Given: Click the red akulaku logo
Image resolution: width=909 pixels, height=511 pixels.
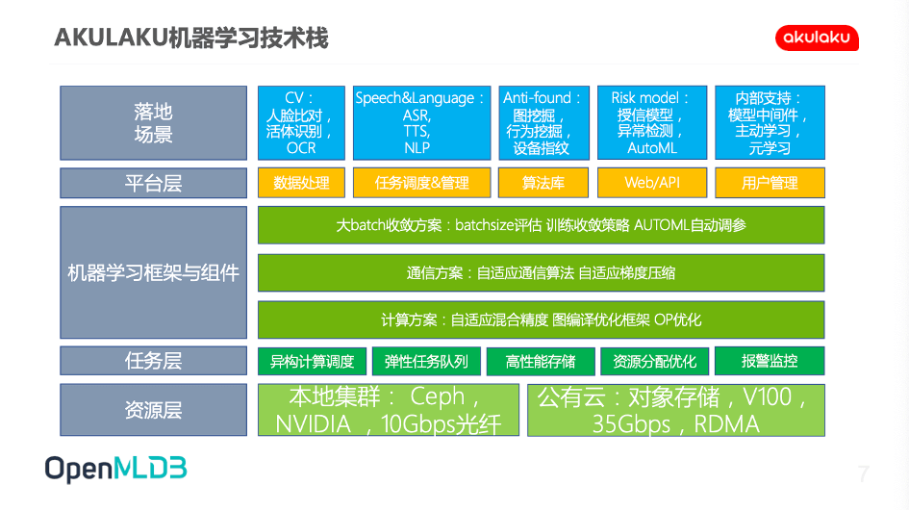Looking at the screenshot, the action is pos(817,38).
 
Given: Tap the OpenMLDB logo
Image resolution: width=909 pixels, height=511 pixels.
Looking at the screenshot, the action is pos(116,469).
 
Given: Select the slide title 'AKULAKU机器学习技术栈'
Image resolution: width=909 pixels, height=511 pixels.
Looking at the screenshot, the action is pos(191,38).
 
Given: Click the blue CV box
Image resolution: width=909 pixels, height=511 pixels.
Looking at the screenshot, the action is pos(301,123).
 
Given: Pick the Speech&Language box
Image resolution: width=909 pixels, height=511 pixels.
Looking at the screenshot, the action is pos(422,123).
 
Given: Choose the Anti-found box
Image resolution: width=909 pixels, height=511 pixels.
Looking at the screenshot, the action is pos(543,123).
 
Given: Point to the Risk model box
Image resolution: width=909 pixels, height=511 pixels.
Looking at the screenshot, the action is pos(652,122).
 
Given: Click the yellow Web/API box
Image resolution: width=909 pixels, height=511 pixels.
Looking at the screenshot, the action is pos(652,183).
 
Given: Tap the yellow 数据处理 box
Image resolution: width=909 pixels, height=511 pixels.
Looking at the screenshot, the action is pos(301,183).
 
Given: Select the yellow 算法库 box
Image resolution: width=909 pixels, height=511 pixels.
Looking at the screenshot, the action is pos(543,183).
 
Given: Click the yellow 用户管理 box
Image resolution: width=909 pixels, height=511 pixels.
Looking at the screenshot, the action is pos(770,183).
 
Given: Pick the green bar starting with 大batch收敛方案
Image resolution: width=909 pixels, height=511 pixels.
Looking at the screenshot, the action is pos(541,225).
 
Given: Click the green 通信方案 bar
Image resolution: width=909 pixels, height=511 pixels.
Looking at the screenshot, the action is pos(541,272).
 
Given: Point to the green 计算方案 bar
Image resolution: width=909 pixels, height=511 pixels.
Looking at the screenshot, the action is pos(541,319).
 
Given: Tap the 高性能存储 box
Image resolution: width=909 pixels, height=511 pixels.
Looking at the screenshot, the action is pos(541,361).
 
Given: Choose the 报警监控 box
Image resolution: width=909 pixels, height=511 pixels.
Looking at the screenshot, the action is pos(770,361).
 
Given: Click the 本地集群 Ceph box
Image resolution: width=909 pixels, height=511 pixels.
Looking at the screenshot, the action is pos(389,410).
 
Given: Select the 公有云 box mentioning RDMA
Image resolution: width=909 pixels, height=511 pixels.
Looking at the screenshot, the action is pos(676,410).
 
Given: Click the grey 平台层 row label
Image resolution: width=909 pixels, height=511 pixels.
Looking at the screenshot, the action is pos(154,183).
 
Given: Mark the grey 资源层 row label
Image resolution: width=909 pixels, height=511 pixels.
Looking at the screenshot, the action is pos(154,410).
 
